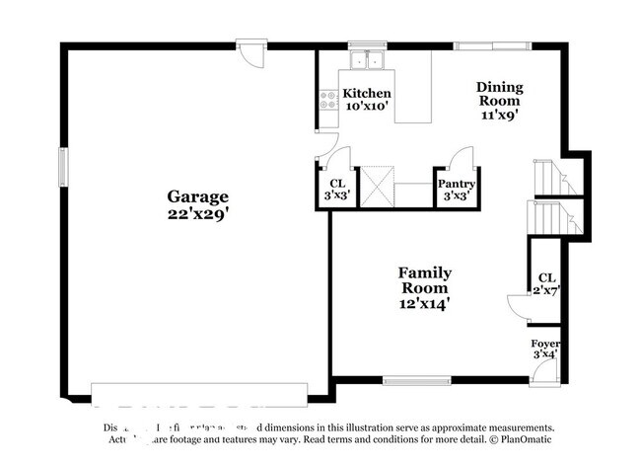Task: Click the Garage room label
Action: pos(197,196)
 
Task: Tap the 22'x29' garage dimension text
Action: pos(197,212)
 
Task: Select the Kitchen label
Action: pos(366,93)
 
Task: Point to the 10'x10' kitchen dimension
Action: pos(366,105)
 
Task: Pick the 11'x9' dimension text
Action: pos(499,114)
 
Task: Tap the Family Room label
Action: pos(424,280)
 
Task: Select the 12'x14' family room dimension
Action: pos(424,304)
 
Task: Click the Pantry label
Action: pos(456,184)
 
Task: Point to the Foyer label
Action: pos(545,344)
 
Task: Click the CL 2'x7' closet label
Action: pos(545,284)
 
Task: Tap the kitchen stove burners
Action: pos(327,99)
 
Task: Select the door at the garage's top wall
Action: pos(253,51)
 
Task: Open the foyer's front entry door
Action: pos(541,373)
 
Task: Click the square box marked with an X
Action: pos(377,185)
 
